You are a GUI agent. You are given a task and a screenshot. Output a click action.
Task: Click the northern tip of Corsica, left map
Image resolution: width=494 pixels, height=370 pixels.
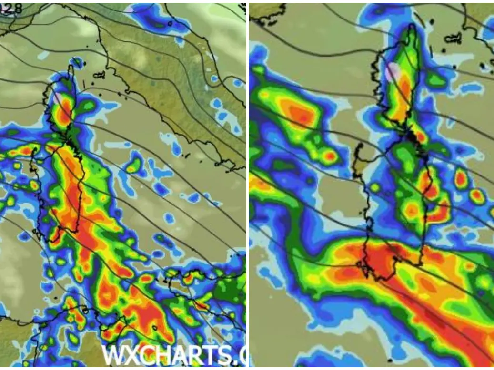pyautogui.click(x=71, y=66)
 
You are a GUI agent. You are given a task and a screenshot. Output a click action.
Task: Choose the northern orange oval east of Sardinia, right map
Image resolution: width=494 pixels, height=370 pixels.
pyautogui.click(x=460, y=179)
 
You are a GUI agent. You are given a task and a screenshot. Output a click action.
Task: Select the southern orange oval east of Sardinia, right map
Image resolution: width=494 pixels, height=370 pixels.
pyautogui.click(x=476, y=196)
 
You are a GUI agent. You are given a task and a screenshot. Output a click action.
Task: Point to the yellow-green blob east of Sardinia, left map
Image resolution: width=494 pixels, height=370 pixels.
pyautogui.click(x=134, y=166)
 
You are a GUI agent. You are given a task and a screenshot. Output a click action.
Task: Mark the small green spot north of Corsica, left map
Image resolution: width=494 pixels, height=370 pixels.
pyautogui.click(x=76, y=62)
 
